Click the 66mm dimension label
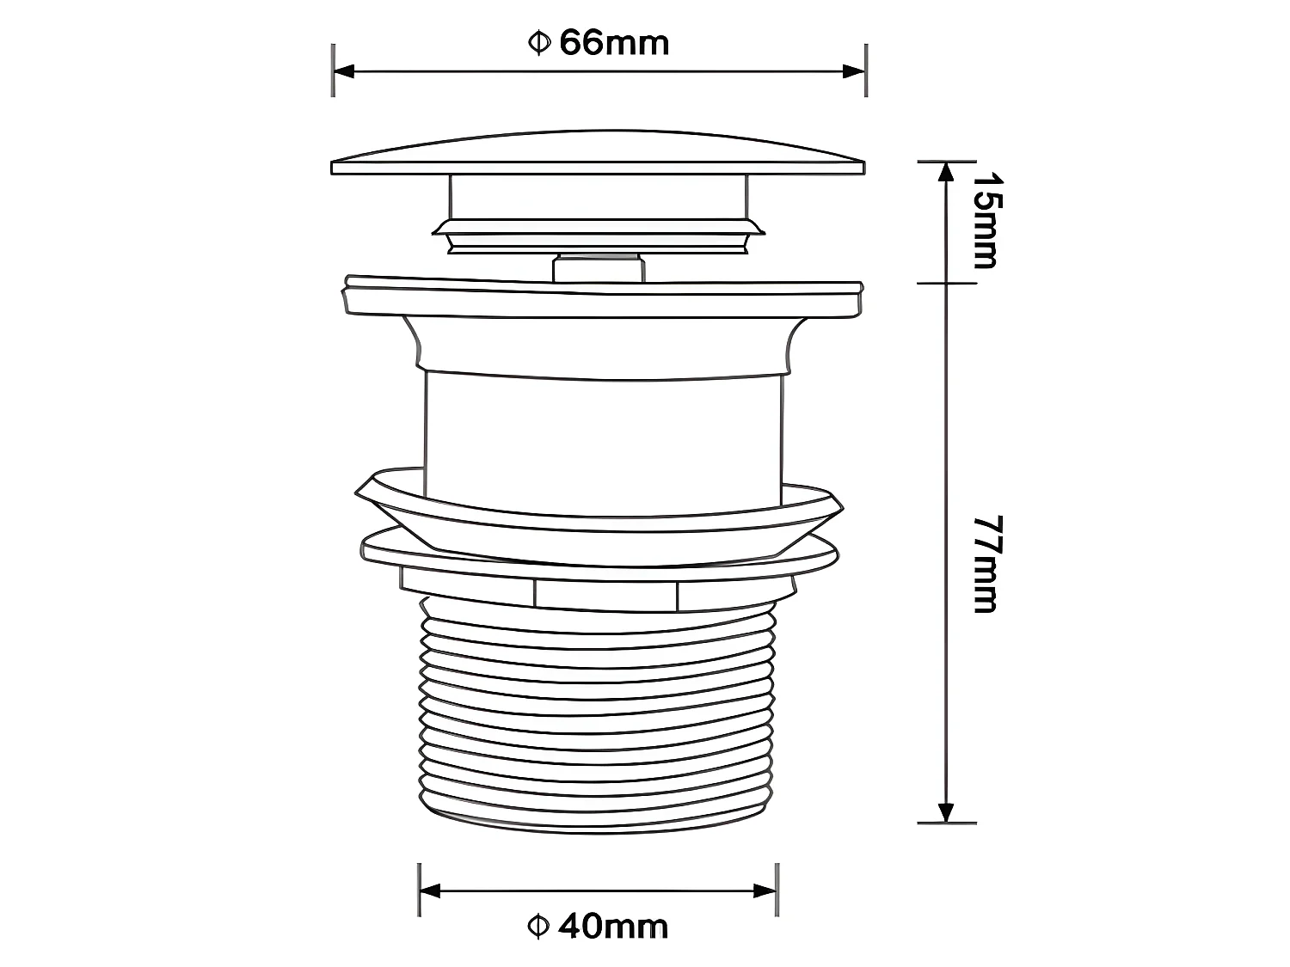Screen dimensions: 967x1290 pyautogui.click(x=614, y=43)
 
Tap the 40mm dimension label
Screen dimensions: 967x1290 pyautogui.click(x=612, y=927)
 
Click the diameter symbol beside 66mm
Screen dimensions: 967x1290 pyautogui.click(x=538, y=43)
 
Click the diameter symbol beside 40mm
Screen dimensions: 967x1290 pyautogui.click(x=537, y=927)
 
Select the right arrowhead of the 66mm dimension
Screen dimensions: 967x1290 pyautogui.click(x=854, y=71)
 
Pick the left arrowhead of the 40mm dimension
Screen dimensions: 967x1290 pyautogui.click(x=430, y=890)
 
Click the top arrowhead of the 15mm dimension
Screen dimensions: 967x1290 pyautogui.click(x=946, y=172)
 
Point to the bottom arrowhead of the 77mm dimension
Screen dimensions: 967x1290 pyautogui.click(x=946, y=811)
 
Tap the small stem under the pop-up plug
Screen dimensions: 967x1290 pyautogui.click(x=598, y=266)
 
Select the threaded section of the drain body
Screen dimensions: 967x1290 pyautogui.click(x=598, y=713)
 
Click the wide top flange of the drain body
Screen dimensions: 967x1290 pyautogui.click(x=602, y=297)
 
